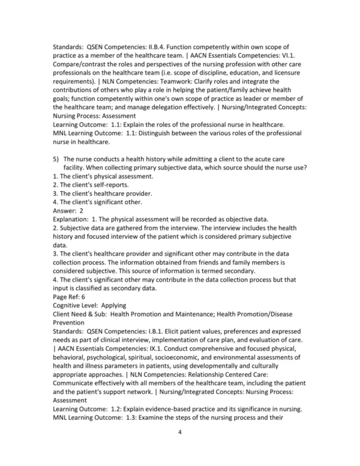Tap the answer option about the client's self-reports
[x=91, y=186]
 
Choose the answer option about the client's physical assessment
[x=98, y=177]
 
